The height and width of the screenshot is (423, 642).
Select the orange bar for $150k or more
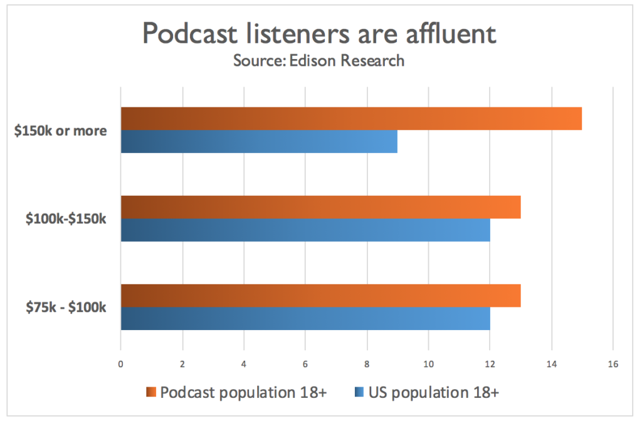351,119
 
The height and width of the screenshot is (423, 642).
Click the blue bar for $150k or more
259,141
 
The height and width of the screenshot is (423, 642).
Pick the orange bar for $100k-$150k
320,207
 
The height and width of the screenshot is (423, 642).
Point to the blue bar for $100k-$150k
305,230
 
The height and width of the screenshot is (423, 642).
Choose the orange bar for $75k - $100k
320,296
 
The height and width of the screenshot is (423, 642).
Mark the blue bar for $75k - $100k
305,318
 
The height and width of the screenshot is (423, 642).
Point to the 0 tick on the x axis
120,364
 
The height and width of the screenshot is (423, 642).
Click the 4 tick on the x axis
244,364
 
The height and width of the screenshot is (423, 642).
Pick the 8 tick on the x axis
367,364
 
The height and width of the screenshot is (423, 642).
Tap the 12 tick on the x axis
490,364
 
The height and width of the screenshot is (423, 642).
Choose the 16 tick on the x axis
613,364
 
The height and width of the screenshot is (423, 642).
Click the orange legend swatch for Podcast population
151,393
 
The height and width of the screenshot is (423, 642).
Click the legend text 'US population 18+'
434,393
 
